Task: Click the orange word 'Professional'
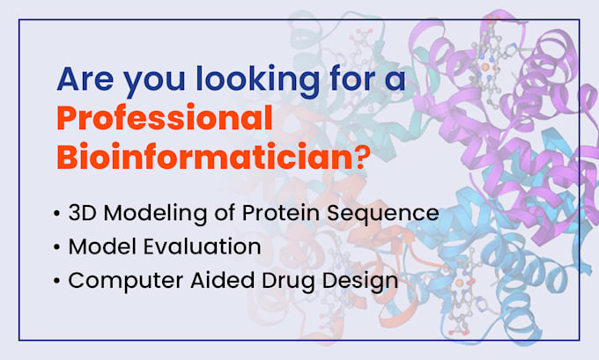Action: [x=165, y=117]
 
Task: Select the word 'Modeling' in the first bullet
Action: [x=146, y=214]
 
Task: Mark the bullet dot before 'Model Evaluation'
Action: [x=56, y=247]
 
